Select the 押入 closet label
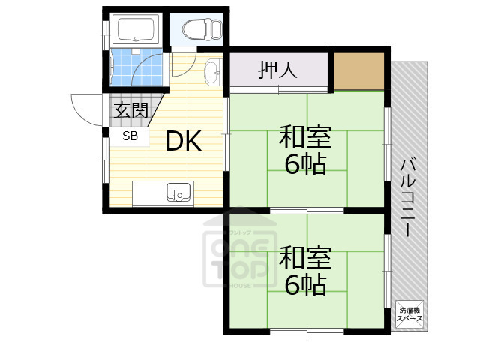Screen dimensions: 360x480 click(277, 70)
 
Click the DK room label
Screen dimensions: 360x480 click(183, 141)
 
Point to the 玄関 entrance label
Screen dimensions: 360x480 click(130, 112)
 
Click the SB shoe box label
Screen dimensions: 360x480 click(130, 136)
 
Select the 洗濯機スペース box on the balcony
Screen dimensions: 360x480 click(410, 314)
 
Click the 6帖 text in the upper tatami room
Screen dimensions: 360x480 click(304, 164)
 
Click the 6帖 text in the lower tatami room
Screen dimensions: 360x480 click(304, 283)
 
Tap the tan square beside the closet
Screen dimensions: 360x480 click(359, 70)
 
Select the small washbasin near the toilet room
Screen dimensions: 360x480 click(212, 72)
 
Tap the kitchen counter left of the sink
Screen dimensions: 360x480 click(149, 193)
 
